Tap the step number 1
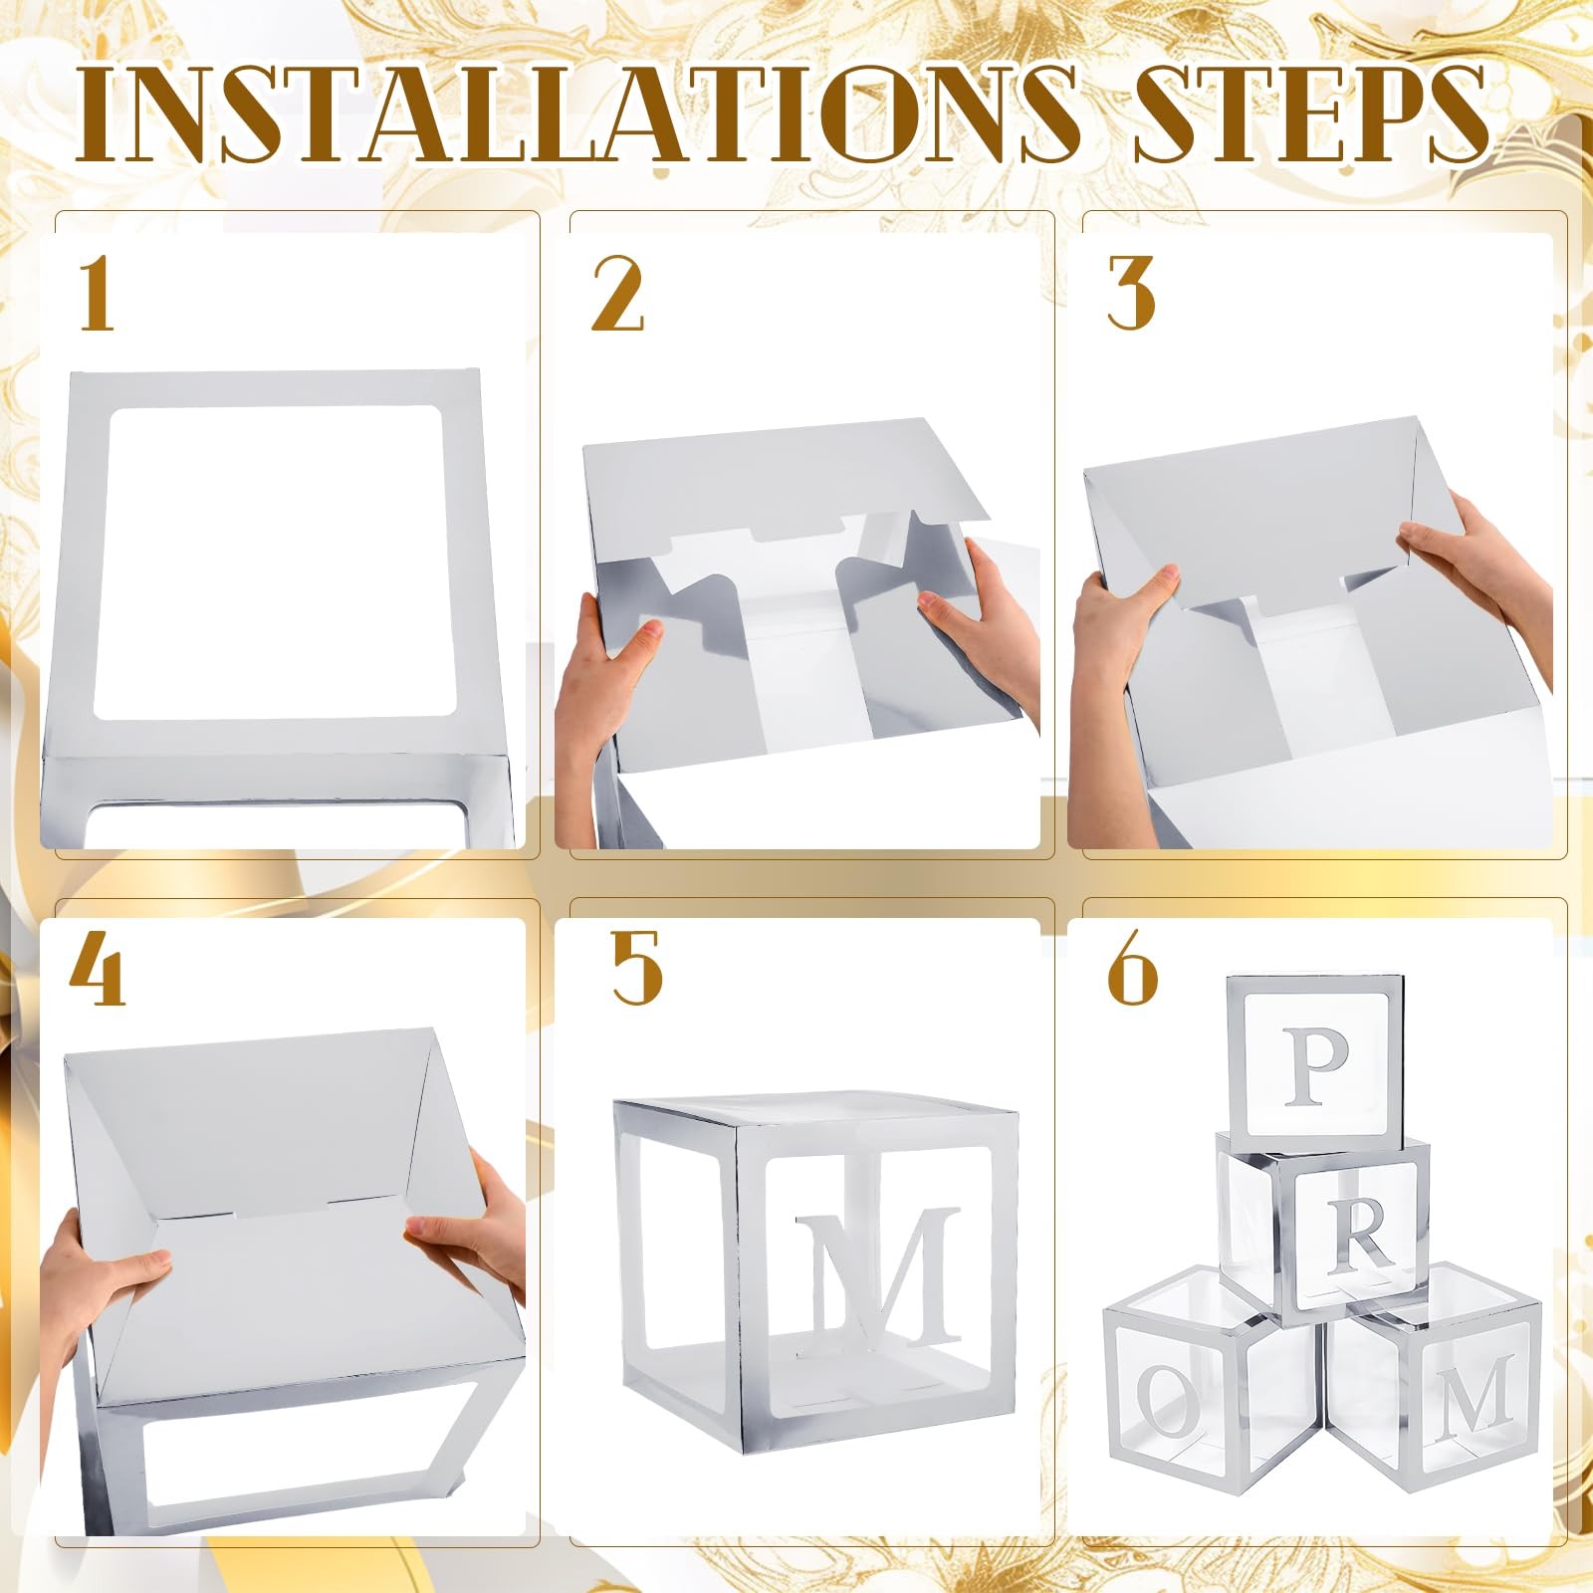pyautogui.click(x=96, y=293)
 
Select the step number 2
pyautogui.click(x=617, y=293)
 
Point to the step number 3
pyautogui.click(x=1131, y=293)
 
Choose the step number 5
pyautogui.click(x=636, y=968)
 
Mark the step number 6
pyautogui.click(x=1133, y=968)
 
